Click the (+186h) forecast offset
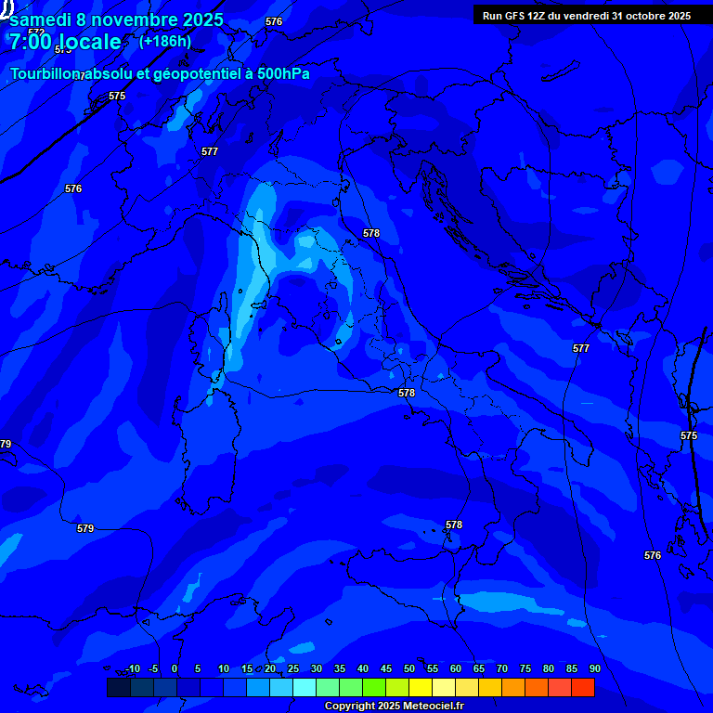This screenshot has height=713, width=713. coord(165,41)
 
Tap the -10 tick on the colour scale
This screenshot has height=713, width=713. coord(132,668)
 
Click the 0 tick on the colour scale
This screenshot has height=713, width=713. coord(175,668)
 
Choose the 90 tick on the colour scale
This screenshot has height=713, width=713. coord(595,668)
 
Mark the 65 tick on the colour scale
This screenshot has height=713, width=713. coord(479,668)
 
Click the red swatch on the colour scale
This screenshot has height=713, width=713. coord(582,687)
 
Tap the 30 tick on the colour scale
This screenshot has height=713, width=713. coord(317,668)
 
